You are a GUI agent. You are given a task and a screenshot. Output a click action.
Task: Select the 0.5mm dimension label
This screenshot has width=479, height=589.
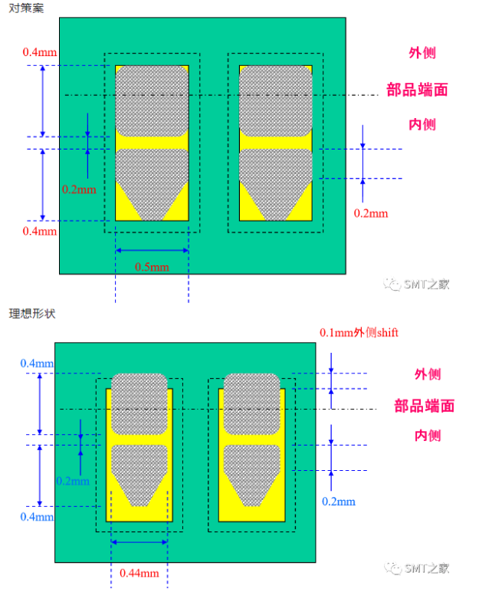[x=152, y=267]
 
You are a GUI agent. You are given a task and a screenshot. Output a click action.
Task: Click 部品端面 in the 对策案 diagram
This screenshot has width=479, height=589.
[x=417, y=90]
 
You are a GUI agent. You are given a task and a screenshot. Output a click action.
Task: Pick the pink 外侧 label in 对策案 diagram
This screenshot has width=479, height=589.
[x=422, y=54]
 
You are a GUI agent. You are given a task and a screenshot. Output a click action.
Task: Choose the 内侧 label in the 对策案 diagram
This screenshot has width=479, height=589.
[x=422, y=123]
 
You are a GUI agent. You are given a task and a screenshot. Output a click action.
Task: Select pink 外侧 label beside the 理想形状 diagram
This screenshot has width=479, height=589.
[x=428, y=374]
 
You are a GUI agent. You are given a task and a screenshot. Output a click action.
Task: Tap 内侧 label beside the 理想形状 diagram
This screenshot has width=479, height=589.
[x=428, y=436]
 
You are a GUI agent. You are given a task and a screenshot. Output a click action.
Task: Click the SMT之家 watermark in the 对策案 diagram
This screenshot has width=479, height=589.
[x=418, y=285]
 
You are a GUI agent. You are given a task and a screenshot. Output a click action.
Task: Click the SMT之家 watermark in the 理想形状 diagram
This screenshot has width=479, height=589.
[x=418, y=568]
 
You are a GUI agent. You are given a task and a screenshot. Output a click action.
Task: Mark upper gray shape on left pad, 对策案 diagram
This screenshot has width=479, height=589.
[x=152, y=100]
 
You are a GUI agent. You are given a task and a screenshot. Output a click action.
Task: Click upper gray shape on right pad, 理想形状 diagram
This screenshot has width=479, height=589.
[x=251, y=403]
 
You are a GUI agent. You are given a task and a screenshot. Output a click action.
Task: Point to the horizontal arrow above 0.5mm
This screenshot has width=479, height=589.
[x=152, y=250]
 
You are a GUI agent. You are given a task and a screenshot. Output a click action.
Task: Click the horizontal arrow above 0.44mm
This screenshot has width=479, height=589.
[x=139, y=542]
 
